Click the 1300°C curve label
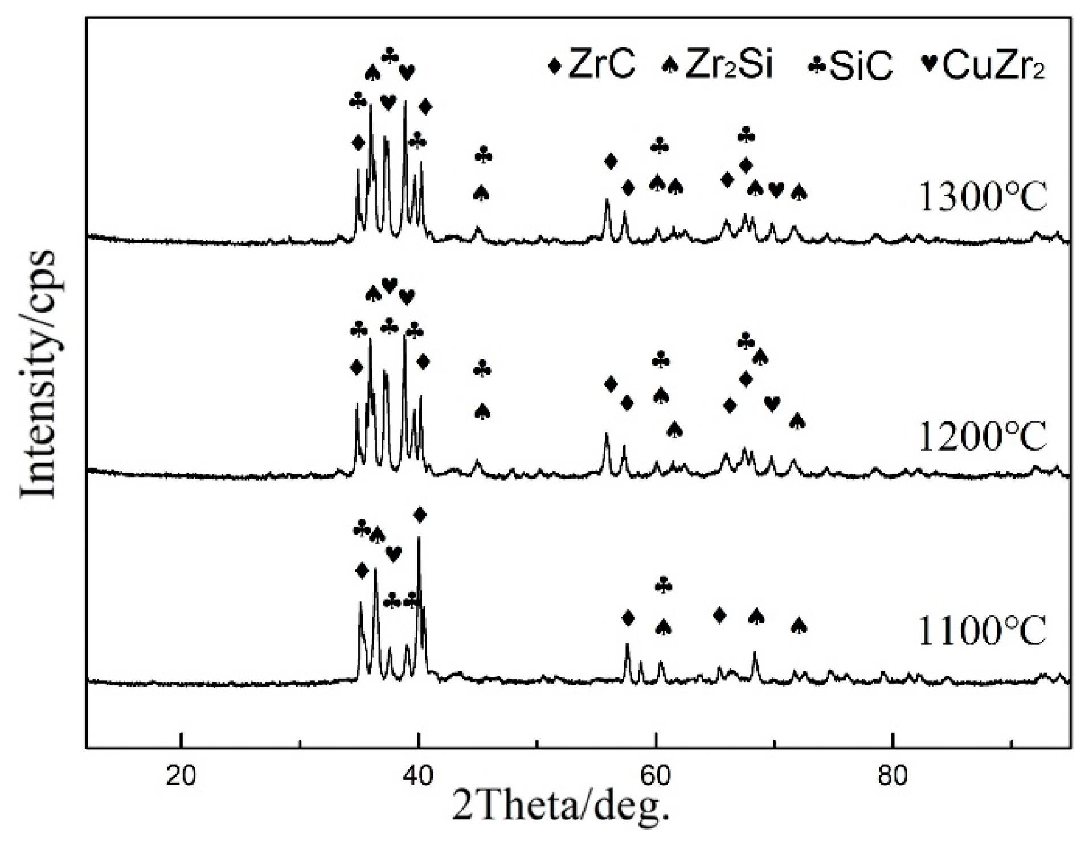point(983,198)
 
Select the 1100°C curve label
point(983,631)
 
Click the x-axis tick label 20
point(181,775)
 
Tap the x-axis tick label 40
point(419,775)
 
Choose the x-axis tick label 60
point(656,775)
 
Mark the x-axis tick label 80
point(893,775)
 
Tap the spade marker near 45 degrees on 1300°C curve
point(482,193)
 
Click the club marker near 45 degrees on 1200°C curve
point(482,369)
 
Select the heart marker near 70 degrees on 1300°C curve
point(776,190)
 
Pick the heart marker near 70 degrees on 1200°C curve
point(772,404)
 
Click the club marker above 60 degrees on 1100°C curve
point(664,585)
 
